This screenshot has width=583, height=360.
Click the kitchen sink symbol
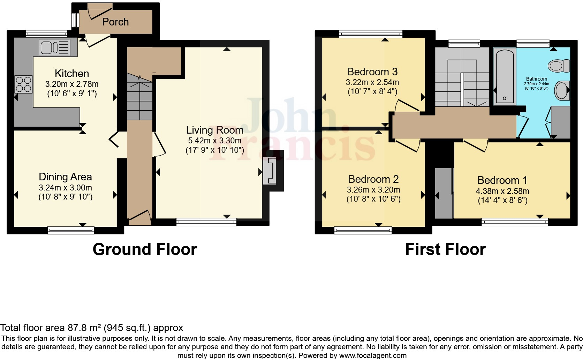click(55, 47)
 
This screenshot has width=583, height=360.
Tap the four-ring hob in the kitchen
click(23, 84)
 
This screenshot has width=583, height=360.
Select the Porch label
click(115, 22)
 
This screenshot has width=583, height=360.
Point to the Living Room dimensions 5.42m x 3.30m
click(214, 141)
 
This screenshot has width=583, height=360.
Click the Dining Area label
click(65, 177)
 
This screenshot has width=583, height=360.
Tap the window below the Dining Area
click(71, 230)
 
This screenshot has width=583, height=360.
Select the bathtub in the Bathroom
click(505, 76)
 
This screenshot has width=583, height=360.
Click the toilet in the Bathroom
click(559, 66)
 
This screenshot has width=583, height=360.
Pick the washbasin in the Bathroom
click(562, 91)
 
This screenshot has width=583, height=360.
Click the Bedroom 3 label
click(372, 72)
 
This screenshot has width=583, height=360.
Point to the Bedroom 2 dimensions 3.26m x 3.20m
click(373, 190)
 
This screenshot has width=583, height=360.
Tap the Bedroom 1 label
click(502, 180)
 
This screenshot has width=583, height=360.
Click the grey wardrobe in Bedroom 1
click(444, 193)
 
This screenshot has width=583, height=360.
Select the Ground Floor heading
click(145, 249)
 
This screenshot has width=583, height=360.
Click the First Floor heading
click(445, 249)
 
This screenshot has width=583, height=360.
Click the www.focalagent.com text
click(372, 355)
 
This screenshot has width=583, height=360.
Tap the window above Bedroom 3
click(370, 34)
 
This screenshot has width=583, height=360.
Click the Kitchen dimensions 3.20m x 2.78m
click(72, 84)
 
